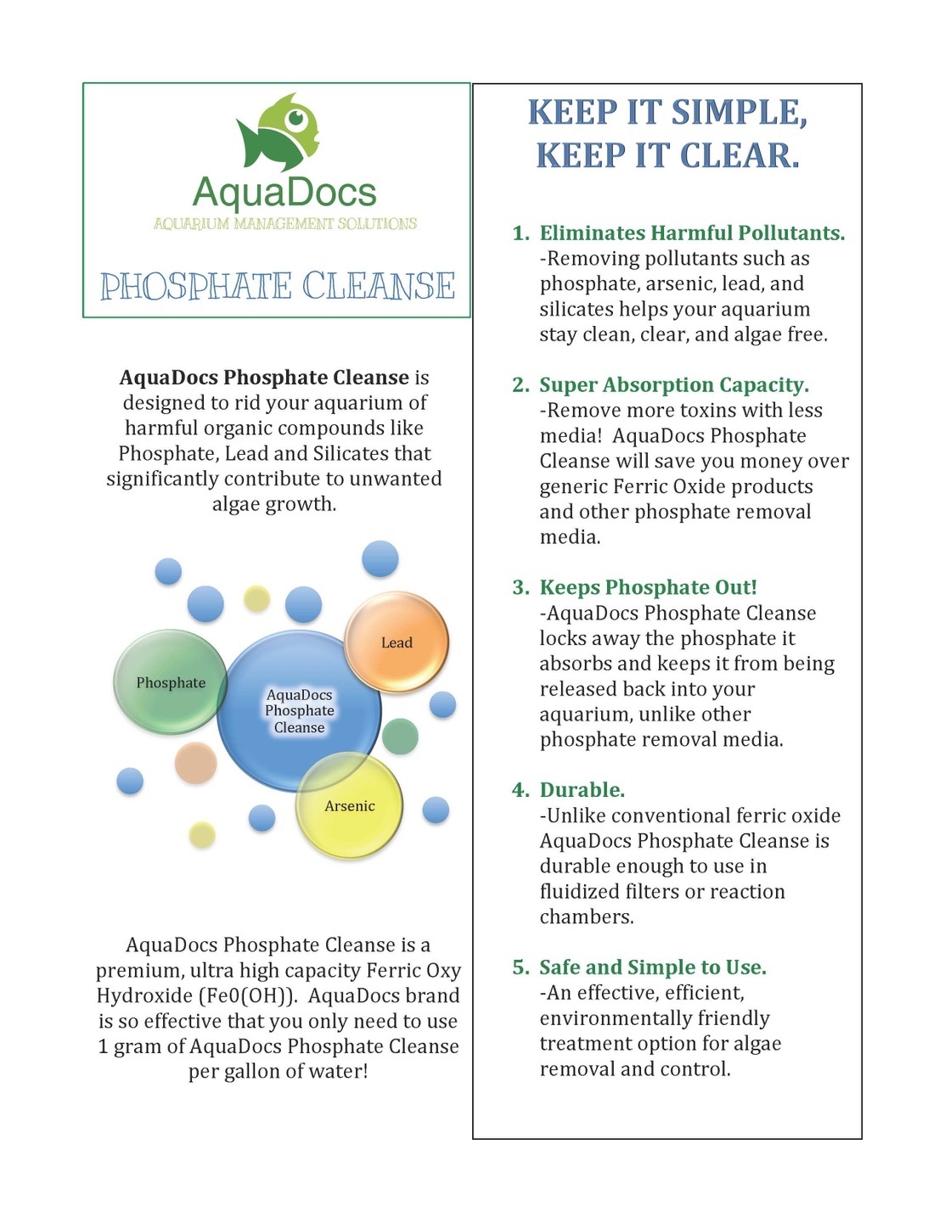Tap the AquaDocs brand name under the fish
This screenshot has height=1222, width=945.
coord(284,193)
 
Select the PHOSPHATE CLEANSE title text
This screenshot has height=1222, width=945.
coord(278,287)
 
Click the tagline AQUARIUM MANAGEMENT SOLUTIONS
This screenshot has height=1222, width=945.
coord(285,224)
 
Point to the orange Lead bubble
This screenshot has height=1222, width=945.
coord(397,642)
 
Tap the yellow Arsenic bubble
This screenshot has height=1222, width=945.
coord(350,806)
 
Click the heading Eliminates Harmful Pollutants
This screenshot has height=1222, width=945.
coord(692,233)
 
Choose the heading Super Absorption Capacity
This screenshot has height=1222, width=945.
coord(674,385)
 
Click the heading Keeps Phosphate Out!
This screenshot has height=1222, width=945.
coord(648,587)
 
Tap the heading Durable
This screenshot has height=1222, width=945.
coord(582,790)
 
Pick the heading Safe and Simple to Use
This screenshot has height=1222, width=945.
coord(653,967)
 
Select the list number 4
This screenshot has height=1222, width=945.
coord(520,790)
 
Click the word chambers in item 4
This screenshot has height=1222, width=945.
coord(587,917)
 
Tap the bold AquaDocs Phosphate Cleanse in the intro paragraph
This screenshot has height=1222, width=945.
coord(264,378)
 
